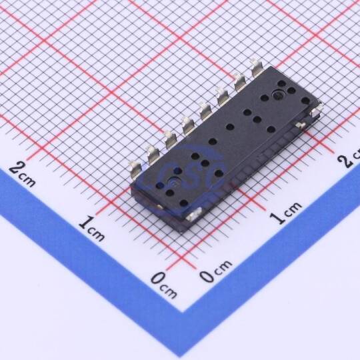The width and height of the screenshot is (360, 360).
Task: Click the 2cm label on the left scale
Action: pyautogui.click(x=22, y=175)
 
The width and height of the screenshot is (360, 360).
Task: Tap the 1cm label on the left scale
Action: pyautogui.click(x=92, y=228)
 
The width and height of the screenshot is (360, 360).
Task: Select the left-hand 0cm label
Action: pyautogui.click(x=164, y=284)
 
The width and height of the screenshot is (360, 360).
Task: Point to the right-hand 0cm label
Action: pyautogui.click(x=216, y=271)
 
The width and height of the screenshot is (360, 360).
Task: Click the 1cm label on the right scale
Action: pyautogui.click(x=286, y=213)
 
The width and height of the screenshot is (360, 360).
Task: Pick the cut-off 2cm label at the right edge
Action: pyautogui.click(x=349, y=159)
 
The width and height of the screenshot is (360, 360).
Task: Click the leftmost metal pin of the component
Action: pyautogui.click(x=134, y=169)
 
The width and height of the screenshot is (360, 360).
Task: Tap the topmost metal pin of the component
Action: pyautogui.click(x=255, y=67)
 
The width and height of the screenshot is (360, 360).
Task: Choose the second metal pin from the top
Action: pyautogui.click(x=239, y=82)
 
